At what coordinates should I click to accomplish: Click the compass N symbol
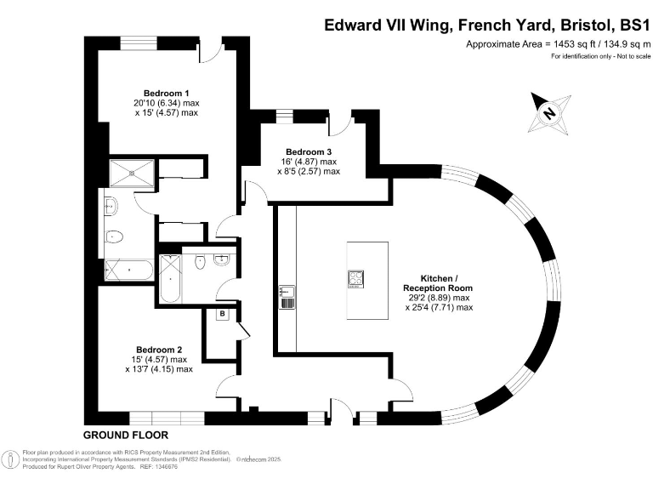549,112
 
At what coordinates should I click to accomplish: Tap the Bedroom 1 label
166,92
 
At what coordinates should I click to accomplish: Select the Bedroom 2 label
160,349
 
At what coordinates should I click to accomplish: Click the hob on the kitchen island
355,279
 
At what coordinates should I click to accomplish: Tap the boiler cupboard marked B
223,314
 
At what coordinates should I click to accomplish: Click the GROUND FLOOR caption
125,435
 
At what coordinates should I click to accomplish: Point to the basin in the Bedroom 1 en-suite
111,204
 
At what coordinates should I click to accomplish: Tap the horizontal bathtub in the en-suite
128,270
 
